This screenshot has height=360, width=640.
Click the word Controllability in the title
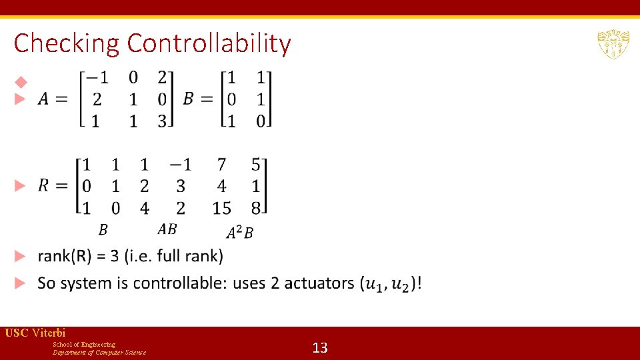click(209, 43)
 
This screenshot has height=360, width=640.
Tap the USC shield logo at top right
click(613, 45)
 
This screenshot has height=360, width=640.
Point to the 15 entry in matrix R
click(222, 208)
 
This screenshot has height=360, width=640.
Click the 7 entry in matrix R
click(222, 165)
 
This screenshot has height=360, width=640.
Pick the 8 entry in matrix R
click(256, 208)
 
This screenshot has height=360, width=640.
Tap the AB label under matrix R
click(167, 229)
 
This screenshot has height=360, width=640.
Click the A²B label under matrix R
click(239, 232)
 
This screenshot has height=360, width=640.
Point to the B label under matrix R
click(103, 230)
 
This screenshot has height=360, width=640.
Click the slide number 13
click(320, 347)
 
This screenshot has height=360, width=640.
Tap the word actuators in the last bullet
click(319, 283)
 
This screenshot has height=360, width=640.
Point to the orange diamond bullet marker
click(21, 82)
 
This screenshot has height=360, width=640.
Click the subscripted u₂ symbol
click(403, 285)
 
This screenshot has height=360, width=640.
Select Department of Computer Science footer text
click(99, 352)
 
